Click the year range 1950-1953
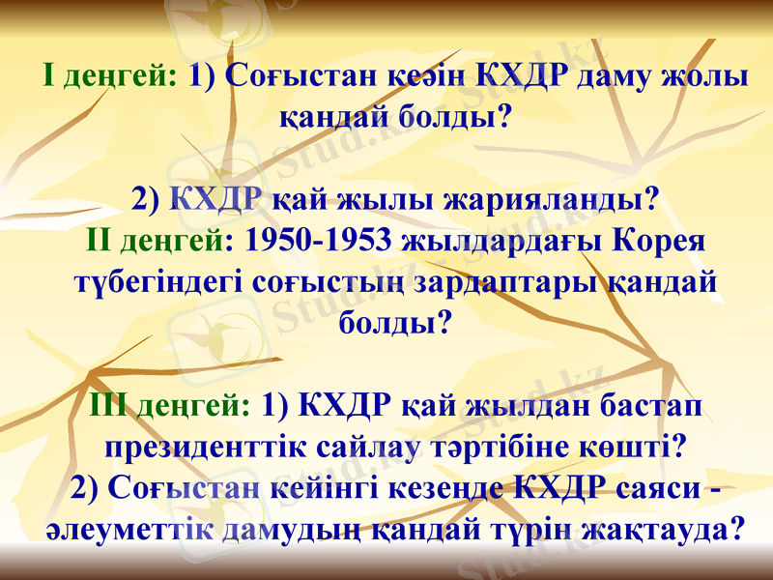click(316, 239)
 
